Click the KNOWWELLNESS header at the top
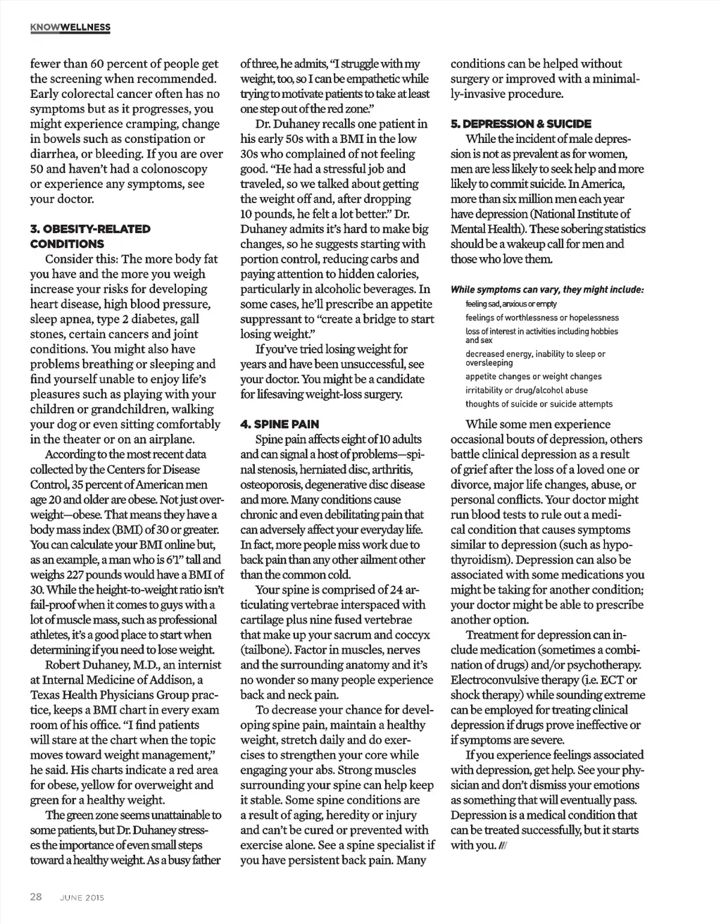click(x=70, y=27)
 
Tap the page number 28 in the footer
click(x=37, y=897)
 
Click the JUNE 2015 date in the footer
click(x=82, y=897)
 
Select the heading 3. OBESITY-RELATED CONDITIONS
click(x=90, y=236)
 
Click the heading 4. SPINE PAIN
click(x=280, y=425)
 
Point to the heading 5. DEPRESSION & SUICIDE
click(x=521, y=123)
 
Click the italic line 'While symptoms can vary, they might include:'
click(x=547, y=290)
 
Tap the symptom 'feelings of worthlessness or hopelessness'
click(x=542, y=318)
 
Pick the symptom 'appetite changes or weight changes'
click(x=533, y=377)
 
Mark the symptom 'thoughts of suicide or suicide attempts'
click(x=539, y=404)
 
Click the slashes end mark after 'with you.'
click(x=502, y=846)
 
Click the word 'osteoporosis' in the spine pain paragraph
click(x=272, y=485)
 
